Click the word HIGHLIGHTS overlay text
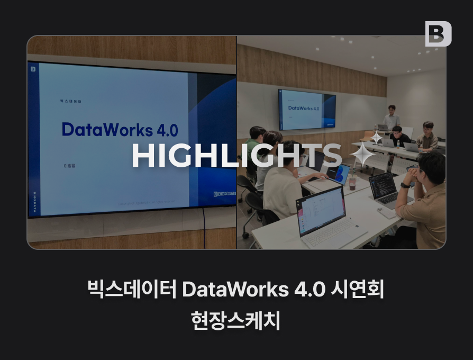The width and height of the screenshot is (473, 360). pyautogui.click(x=236, y=156)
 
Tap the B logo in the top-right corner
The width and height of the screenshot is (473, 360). pyautogui.click(x=438, y=34)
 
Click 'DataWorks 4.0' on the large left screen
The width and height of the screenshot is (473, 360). pyautogui.click(x=120, y=130)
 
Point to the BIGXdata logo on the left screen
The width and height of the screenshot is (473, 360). pyautogui.click(x=224, y=194)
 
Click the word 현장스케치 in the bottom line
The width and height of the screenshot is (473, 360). pyautogui.click(x=236, y=320)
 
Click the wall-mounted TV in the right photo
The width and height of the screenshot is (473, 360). pyautogui.click(x=307, y=109)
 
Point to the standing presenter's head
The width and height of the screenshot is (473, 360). pyautogui.click(x=391, y=110)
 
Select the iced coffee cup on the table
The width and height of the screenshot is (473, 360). pyautogui.click(x=352, y=183)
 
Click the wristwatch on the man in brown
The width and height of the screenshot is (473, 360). pyautogui.click(x=406, y=185)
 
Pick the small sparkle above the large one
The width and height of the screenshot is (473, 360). pyautogui.click(x=376, y=138)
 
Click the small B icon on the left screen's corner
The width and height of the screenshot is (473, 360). pyautogui.click(x=33, y=69)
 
